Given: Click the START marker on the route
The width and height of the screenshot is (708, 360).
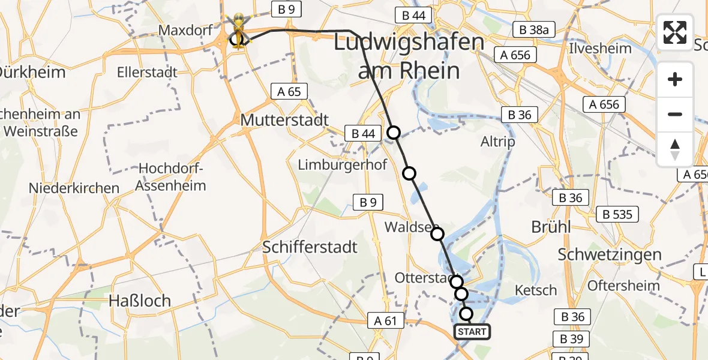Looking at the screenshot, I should click(x=472, y=331).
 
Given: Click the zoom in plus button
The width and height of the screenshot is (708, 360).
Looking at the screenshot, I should click(x=675, y=79).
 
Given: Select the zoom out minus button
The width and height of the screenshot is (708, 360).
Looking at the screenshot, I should click(x=675, y=114).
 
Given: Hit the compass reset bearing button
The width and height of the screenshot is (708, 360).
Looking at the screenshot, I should click(x=675, y=149).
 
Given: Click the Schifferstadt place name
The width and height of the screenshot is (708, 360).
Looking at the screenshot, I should click(x=310, y=247).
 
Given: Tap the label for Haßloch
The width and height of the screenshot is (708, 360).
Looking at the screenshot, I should click(x=140, y=300).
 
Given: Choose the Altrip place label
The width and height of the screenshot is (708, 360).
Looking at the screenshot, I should click(x=497, y=142).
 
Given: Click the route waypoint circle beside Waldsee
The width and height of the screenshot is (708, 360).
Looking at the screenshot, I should click(x=437, y=234).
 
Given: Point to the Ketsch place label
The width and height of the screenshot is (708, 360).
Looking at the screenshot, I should click(x=536, y=290).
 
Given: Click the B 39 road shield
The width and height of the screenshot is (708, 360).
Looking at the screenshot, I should click(x=571, y=339).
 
